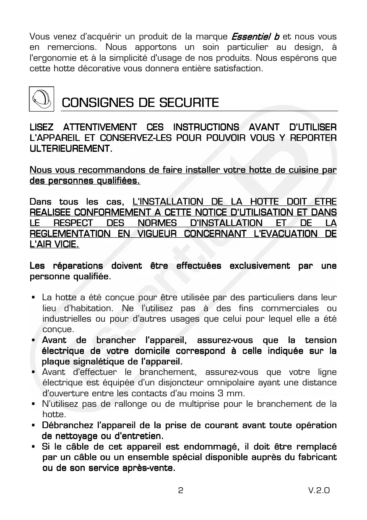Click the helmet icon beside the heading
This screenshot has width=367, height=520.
pos(42,99)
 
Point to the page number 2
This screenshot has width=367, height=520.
pos(180,490)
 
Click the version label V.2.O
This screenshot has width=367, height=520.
pos(318,490)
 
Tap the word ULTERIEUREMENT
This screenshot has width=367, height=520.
pos(71,148)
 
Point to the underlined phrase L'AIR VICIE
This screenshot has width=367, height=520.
pos(54,244)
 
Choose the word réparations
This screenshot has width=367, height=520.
pos(78,266)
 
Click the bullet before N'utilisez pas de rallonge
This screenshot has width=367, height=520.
pos(33,404)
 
